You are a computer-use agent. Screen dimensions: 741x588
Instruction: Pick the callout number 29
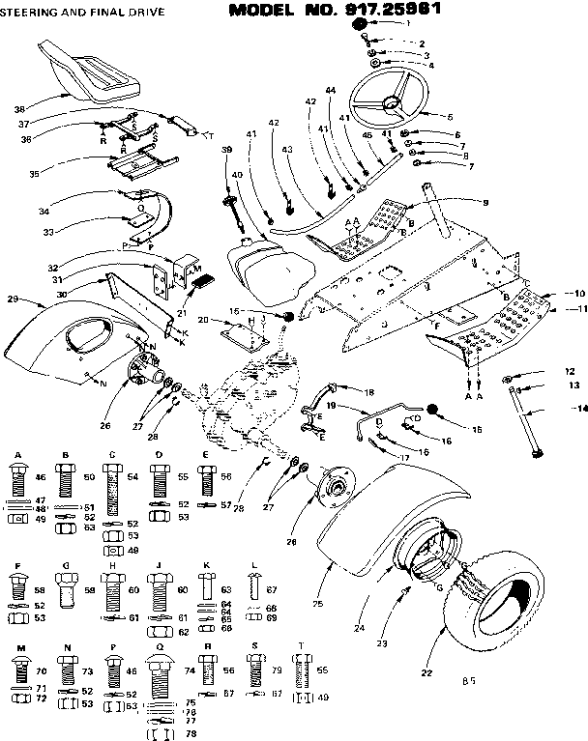coord(14,300)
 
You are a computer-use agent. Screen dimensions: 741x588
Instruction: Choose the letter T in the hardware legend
coord(302,645)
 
